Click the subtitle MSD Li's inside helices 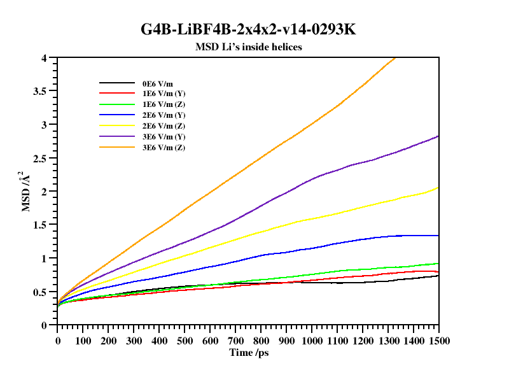[248, 46]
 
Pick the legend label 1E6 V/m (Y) [164, 94]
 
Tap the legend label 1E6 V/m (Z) [164, 104]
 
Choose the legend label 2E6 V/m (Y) [164, 115]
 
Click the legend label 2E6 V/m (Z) [164, 126]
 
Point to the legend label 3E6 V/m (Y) [164, 137]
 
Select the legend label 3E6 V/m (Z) [164, 148]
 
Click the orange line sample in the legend [116, 148]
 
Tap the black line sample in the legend [116, 83]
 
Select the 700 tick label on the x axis [235, 341]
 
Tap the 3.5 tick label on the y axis [39, 91]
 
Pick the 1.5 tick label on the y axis [39, 225]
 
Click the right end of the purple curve [438, 136]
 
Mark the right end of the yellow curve [438, 187]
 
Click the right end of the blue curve [438, 236]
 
